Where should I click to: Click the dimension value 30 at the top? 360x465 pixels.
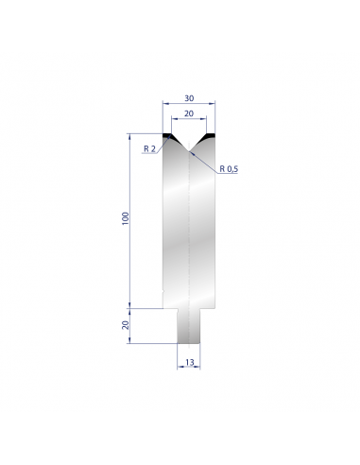[x=189, y=98]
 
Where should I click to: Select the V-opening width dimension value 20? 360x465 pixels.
[x=189, y=113]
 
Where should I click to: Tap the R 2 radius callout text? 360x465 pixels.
[x=149, y=148]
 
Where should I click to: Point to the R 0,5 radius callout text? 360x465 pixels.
[x=229, y=169]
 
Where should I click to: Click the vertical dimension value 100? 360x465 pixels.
[x=126, y=218]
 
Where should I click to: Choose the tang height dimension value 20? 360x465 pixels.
[x=126, y=325]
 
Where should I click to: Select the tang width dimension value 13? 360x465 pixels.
[x=190, y=363]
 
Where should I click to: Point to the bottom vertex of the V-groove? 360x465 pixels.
[x=189, y=151]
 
